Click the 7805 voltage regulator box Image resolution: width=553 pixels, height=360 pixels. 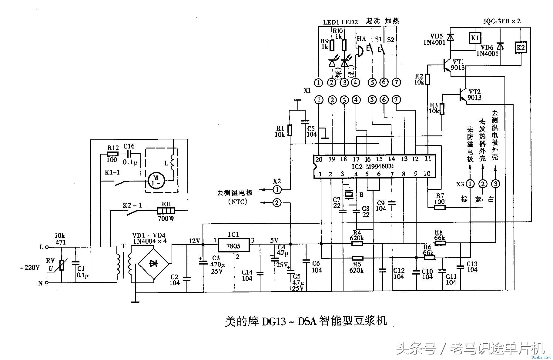click(x=233, y=245)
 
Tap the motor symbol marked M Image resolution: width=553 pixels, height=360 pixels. click(x=156, y=181)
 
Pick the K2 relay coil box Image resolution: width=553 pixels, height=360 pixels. click(x=521, y=48)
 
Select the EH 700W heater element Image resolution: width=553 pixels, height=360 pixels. click(x=166, y=211)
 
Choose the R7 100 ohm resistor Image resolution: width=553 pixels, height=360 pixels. click(x=440, y=208)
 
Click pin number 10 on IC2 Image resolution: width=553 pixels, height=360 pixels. click(x=427, y=174)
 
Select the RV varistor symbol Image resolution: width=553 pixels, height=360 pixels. click(x=62, y=265)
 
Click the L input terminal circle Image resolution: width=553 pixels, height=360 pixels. click(x=47, y=247)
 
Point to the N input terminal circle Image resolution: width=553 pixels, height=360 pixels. click(x=47, y=283)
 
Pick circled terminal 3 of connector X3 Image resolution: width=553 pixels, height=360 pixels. click(x=496, y=184)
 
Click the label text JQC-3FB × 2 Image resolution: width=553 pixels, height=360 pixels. click(x=501, y=21)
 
